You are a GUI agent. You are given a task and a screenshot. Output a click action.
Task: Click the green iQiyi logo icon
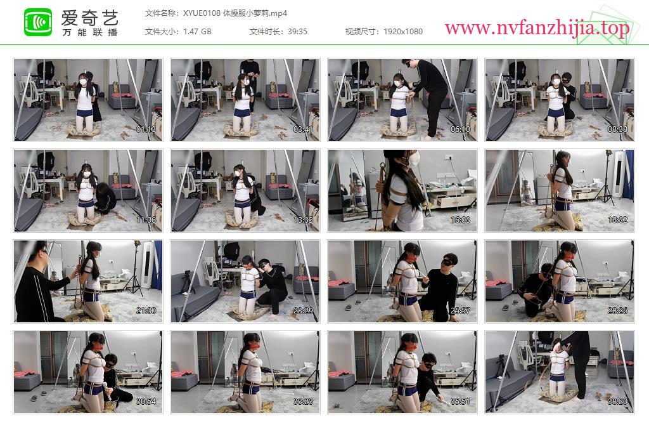pyautogui.click(x=38, y=22)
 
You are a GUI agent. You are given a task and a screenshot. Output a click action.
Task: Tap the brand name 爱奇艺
pyautogui.click(x=90, y=18)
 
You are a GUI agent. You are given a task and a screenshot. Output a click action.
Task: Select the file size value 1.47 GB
pyautogui.click(x=198, y=32)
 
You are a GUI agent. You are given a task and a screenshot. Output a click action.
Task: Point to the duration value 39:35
pyautogui.click(x=298, y=32)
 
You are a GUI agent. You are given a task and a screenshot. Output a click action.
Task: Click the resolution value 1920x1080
pyautogui.click(x=403, y=32)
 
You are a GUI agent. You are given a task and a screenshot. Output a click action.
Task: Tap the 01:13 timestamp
pyautogui.click(x=146, y=129)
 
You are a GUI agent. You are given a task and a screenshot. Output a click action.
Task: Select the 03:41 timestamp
pyautogui.click(x=303, y=129)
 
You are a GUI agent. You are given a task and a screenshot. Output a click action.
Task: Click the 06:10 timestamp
pyautogui.click(x=460, y=129)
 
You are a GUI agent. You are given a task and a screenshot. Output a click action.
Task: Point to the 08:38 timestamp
pyautogui.click(x=617, y=129)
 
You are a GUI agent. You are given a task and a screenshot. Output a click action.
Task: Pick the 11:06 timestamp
pyautogui.click(x=146, y=220)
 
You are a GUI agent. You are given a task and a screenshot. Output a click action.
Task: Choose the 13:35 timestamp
pyautogui.click(x=303, y=220)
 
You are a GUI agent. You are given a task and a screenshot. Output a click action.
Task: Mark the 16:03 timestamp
pyautogui.click(x=460, y=220)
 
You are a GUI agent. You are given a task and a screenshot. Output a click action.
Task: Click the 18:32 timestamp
pyautogui.click(x=617, y=220)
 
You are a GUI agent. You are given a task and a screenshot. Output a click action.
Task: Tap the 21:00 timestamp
pyautogui.click(x=146, y=311)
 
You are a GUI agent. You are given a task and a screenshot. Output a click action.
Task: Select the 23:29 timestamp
pyautogui.click(x=303, y=311)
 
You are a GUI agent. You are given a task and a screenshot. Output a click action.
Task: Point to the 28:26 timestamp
pyautogui.click(x=617, y=311)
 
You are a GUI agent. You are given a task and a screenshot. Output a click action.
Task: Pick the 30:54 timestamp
pyautogui.click(x=146, y=402)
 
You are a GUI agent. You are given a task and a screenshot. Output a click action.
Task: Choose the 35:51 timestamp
pyautogui.click(x=460, y=402)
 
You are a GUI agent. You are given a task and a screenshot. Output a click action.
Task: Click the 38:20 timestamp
pyautogui.click(x=617, y=402)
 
